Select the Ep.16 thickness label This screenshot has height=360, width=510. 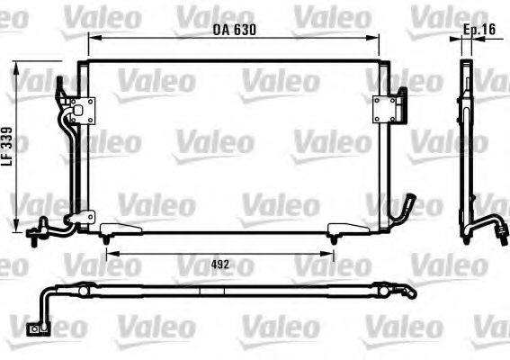pos(479,30)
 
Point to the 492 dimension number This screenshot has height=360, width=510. pos(219,265)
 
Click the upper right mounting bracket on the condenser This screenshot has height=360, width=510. pos(387,109)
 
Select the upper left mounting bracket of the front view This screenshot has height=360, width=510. pos(85,111)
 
